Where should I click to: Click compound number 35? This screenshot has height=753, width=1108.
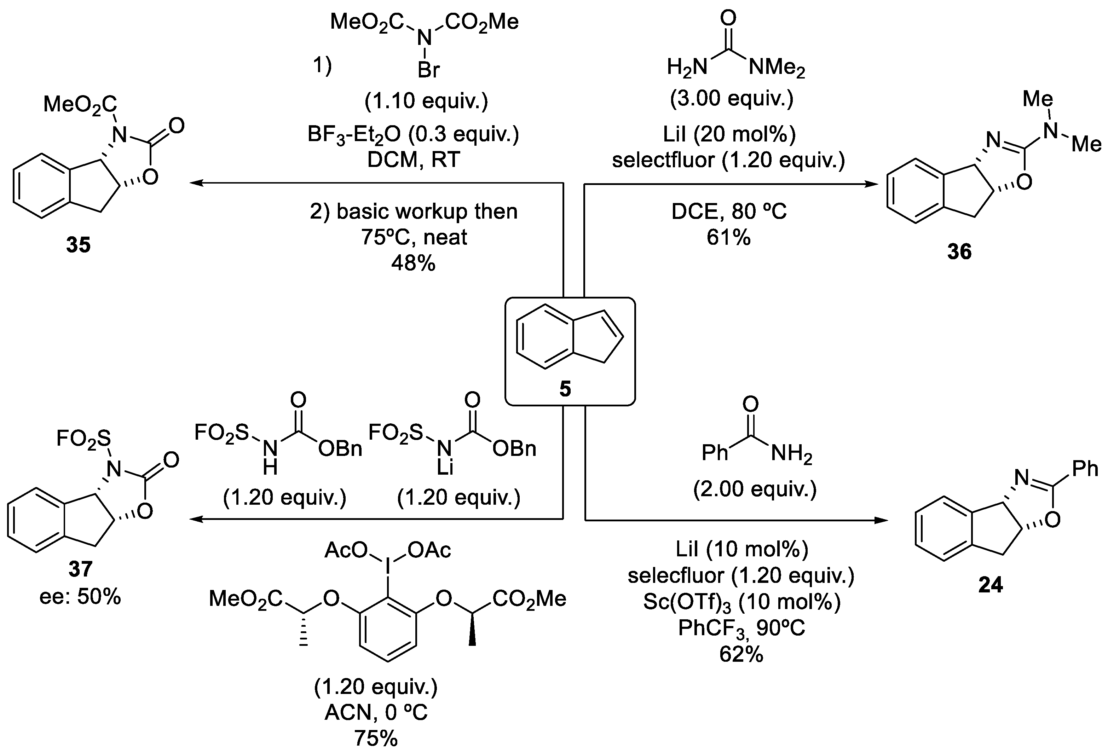pos(78,245)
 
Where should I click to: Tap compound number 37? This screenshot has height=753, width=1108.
pos(80,569)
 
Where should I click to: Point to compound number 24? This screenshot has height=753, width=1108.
pos(990,585)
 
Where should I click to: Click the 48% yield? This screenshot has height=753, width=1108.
pos(413,263)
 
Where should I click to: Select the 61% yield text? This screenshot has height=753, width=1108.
pos(728,237)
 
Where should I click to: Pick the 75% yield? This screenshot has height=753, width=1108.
pos(376,738)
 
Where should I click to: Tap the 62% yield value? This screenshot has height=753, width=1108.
pos(741,654)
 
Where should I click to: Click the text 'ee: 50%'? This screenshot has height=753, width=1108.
pos(80,596)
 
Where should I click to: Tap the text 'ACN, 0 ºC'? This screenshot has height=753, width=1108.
pos(376,712)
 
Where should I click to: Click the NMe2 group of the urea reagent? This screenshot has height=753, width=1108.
pos(776,69)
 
